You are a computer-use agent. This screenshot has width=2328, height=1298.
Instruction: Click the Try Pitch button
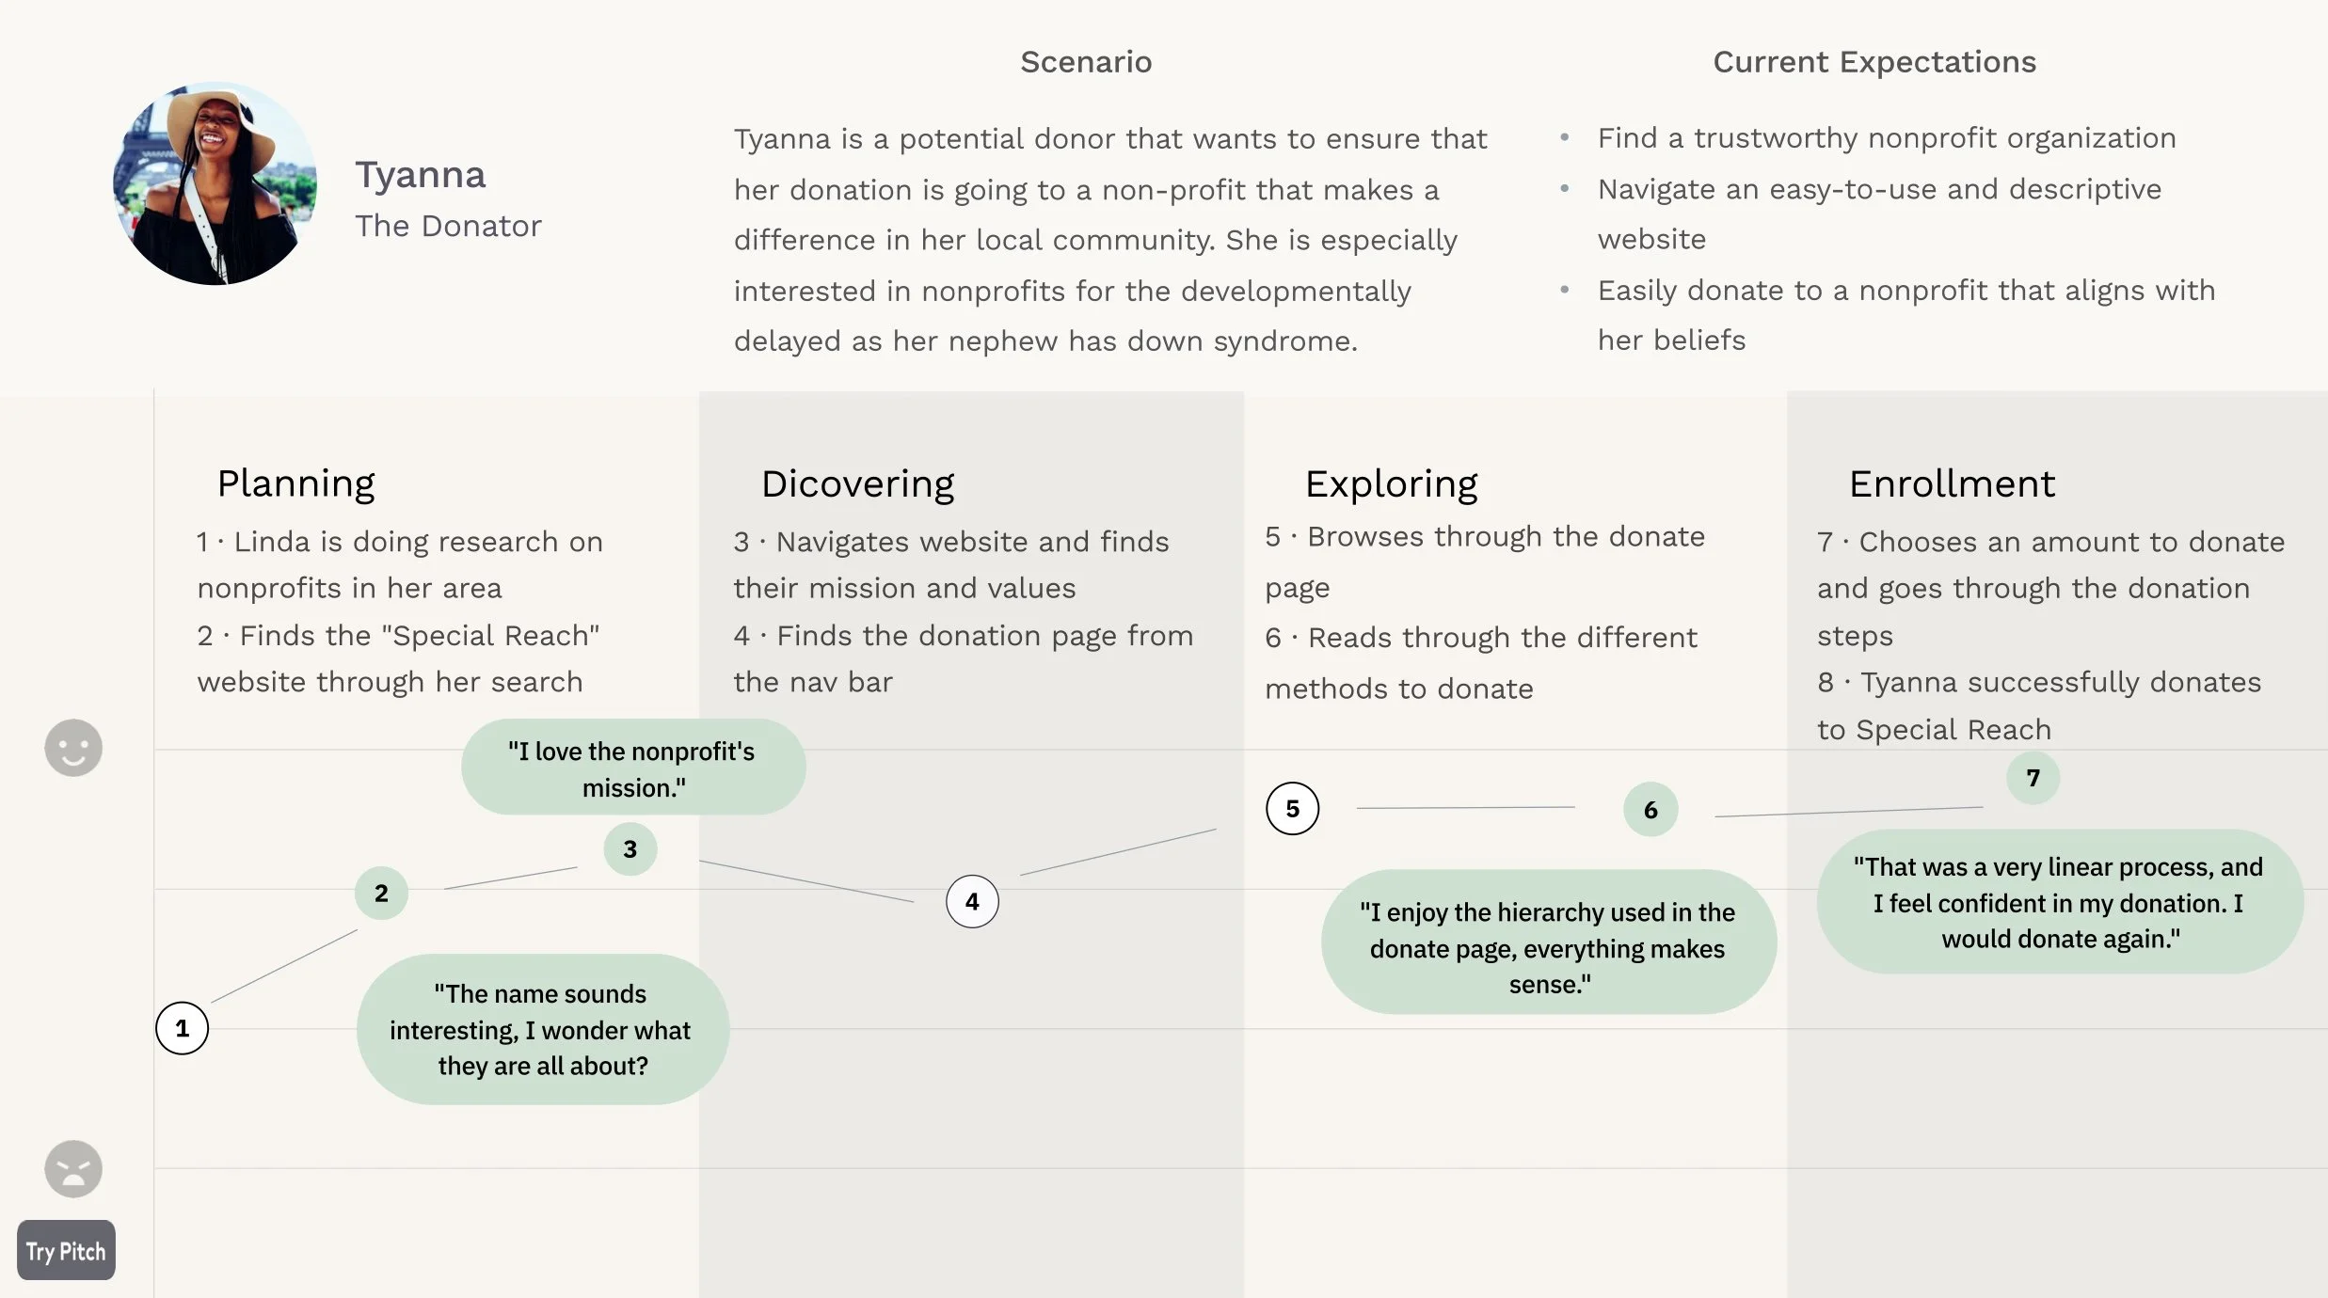click(x=66, y=1251)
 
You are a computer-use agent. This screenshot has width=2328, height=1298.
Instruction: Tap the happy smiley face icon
click(x=73, y=749)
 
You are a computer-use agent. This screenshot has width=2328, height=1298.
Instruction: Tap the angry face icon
click(x=73, y=1169)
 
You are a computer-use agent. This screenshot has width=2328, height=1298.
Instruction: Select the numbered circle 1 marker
click(x=182, y=1028)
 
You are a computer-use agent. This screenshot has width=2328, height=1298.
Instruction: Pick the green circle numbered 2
click(x=381, y=893)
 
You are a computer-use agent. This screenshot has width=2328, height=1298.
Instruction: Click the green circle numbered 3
click(x=630, y=849)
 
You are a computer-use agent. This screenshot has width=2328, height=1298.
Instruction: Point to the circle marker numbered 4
click(x=972, y=901)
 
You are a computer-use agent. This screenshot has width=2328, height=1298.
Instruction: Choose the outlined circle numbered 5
click(x=1292, y=809)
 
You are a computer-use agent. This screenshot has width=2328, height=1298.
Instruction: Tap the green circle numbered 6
click(x=1650, y=810)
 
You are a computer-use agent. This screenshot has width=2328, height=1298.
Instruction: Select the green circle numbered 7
click(x=2033, y=778)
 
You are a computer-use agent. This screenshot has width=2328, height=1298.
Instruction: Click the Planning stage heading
click(x=295, y=483)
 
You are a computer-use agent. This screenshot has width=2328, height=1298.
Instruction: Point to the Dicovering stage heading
click(x=857, y=483)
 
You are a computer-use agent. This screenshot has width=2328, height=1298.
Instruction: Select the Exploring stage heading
click(x=1391, y=483)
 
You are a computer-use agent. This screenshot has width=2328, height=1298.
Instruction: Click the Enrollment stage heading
click(x=1952, y=483)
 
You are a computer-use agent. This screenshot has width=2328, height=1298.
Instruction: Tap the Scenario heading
click(x=1086, y=62)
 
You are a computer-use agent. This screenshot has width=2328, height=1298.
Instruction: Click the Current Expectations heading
click(x=1874, y=62)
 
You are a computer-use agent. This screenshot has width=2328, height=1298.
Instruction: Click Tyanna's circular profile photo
click(x=215, y=183)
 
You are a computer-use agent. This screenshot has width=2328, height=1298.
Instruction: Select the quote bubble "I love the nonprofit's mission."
click(x=632, y=768)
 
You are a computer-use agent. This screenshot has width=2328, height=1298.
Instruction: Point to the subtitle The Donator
click(x=448, y=226)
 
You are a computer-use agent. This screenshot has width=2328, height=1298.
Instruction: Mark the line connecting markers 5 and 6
click(x=1465, y=808)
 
